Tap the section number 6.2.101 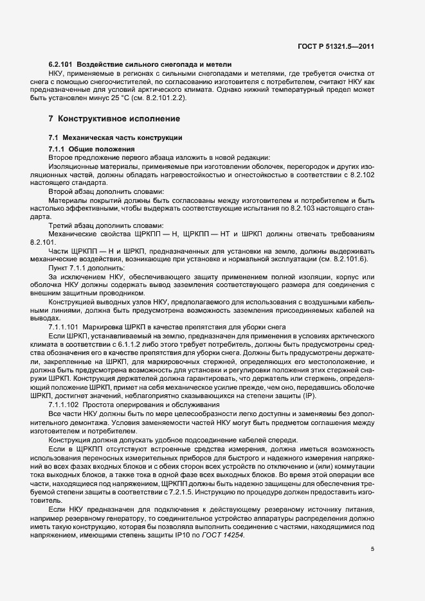tap(62, 65)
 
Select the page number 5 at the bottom tap(372, 549)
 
